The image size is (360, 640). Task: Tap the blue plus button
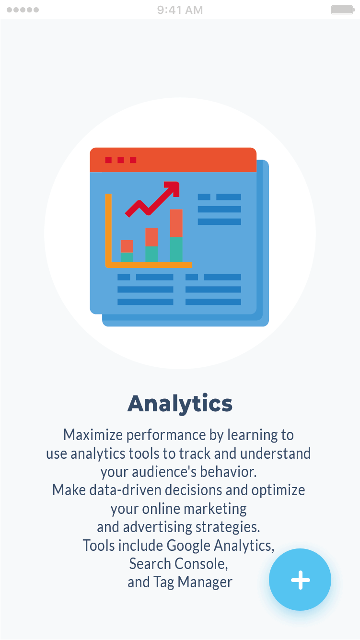pyautogui.click(x=300, y=580)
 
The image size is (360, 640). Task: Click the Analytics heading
pyautogui.click(x=180, y=404)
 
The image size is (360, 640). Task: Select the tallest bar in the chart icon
pyautogui.click(x=176, y=235)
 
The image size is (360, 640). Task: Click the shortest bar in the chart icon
pyautogui.click(x=127, y=251)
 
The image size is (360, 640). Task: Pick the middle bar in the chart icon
pyautogui.click(x=151, y=244)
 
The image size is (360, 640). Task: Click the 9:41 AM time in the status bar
pyautogui.click(x=180, y=10)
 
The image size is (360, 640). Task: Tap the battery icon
pyautogui.click(x=343, y=10)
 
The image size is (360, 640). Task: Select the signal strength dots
pyautogui.click(x=23, y=10)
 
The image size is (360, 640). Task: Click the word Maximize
pyautogui.click(x=93, y=435)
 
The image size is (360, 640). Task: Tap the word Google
pyautogui.click(x=188, y=546)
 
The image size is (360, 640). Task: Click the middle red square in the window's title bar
pyautogui.click(x=121, y=160)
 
